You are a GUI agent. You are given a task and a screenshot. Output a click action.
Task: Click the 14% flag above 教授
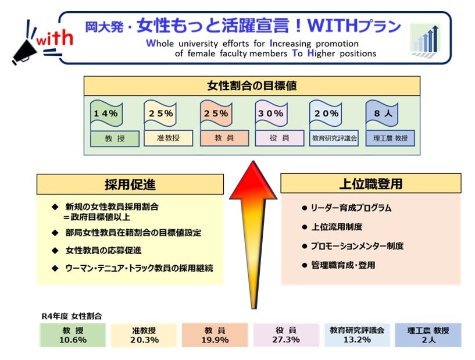click(105, 114)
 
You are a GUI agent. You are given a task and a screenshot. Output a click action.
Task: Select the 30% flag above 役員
click(271, 114)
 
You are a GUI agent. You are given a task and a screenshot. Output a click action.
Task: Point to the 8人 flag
click(383, 114)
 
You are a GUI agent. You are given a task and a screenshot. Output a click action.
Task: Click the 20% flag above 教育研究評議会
click(326, 114)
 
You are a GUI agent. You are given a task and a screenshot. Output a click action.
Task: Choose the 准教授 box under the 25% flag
click(160, 138)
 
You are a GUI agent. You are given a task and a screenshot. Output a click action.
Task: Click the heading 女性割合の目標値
click(252, 86)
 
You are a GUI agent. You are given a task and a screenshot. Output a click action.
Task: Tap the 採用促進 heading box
click(130, 184)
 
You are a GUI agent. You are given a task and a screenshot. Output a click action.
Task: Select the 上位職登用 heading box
click(370, 184)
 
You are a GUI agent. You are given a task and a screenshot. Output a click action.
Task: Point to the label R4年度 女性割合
click(72, 316)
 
